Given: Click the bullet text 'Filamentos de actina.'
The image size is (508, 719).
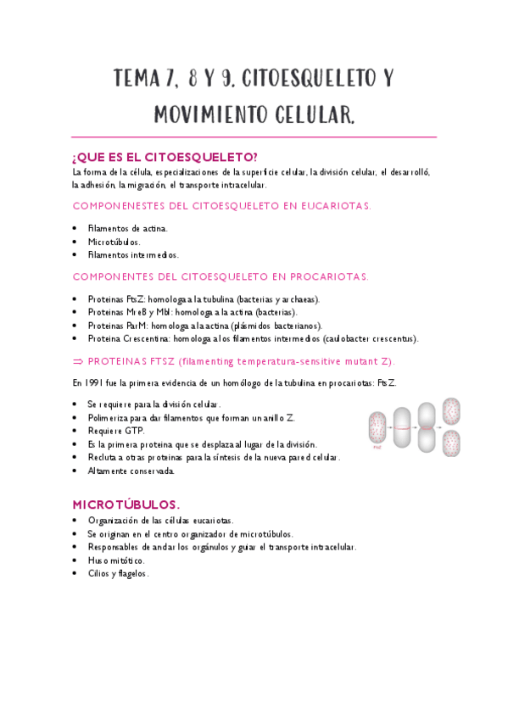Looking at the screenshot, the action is [x=127, y=227].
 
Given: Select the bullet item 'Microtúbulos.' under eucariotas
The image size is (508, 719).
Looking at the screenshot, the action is [x=115, y=241].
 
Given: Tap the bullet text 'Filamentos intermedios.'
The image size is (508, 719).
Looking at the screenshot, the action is [x=133, y=254].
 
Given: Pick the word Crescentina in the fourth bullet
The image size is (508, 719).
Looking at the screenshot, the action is [x=146, y=338].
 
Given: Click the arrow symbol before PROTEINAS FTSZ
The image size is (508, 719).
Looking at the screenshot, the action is [x=78, y=360].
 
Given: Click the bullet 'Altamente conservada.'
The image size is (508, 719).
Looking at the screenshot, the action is [x=131, y=471].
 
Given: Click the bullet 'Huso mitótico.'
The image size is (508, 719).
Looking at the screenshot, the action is [x=116, y=560].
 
